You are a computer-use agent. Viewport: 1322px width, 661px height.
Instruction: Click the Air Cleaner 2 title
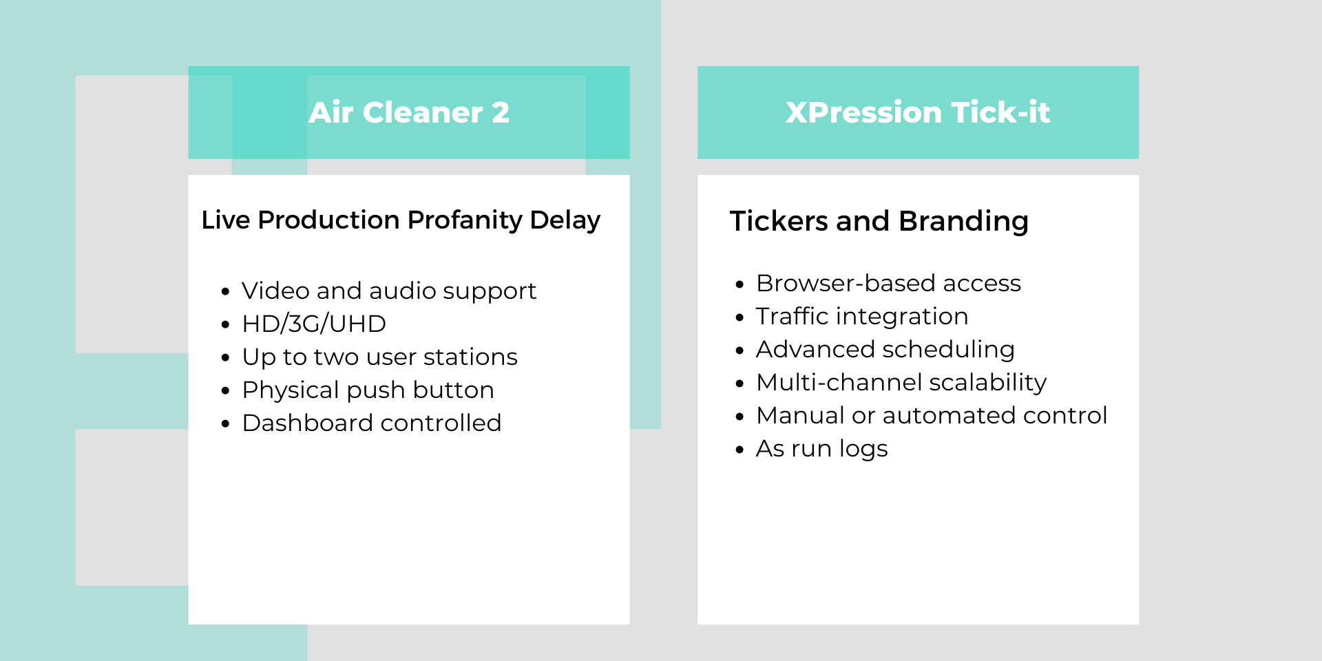409,112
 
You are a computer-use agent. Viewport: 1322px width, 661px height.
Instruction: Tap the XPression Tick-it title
918,112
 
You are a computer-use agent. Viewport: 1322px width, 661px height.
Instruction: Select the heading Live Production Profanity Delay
401,220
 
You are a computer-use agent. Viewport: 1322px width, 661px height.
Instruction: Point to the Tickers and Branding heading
879,222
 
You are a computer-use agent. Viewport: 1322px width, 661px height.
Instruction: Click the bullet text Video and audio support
389,291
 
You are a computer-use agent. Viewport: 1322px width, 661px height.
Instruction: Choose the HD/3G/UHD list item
314,324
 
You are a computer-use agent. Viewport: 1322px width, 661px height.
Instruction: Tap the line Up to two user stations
379,357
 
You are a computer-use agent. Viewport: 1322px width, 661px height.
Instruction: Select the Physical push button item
368,390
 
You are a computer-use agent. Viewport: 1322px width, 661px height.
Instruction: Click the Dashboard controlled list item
372,423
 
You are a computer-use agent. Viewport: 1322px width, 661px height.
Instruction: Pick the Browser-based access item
888,283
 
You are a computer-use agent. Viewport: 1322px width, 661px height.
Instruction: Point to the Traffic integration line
862,317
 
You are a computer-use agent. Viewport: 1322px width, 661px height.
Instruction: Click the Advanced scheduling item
885,350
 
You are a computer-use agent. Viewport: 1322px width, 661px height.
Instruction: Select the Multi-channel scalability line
901,383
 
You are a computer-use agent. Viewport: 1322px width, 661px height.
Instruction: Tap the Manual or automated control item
932,415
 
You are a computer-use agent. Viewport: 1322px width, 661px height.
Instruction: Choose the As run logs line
822,449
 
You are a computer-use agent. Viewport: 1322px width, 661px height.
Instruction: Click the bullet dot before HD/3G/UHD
225,324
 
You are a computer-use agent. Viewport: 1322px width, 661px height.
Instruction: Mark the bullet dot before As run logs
739,450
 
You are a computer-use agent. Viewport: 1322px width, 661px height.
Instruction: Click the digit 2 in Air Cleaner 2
501,112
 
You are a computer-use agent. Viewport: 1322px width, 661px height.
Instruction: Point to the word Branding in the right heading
963,222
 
